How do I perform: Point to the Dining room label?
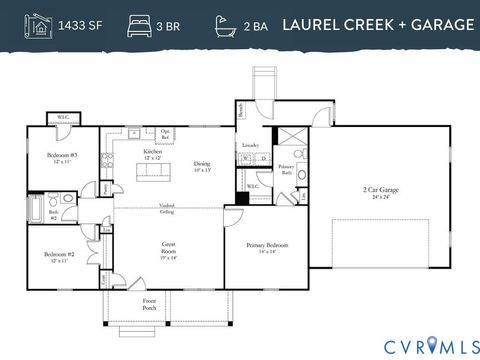pos(202,166)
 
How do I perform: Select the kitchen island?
pos(155,171)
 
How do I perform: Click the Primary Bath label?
pos(286,169)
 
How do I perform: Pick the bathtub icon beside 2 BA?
pos(224,24)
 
